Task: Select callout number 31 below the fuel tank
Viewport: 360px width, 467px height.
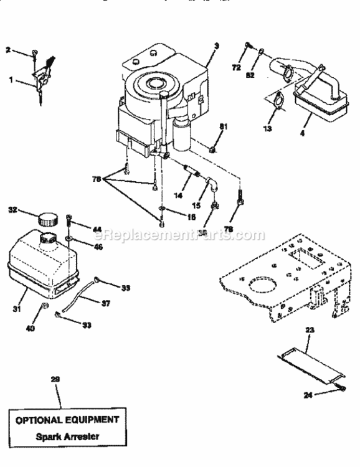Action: (17, 309)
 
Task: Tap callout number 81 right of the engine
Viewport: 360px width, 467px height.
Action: (223, 127)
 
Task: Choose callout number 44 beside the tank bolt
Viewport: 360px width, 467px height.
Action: (97, 230)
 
